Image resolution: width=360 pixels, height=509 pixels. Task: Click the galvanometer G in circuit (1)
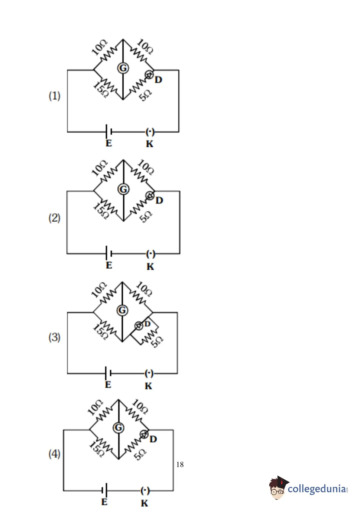123,68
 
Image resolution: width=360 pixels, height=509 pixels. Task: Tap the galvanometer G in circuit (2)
123,189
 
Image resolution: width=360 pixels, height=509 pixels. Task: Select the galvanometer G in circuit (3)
122,310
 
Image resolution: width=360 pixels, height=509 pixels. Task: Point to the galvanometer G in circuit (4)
118,428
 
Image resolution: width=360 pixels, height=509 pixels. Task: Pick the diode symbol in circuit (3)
139,326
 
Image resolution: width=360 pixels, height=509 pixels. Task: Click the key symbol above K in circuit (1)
150,131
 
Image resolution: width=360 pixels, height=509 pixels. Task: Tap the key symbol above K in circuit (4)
145,491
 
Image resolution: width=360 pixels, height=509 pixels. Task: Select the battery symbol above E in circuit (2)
109,253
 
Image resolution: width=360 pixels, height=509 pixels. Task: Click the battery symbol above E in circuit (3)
108,373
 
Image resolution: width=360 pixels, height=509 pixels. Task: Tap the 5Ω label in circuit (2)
146,217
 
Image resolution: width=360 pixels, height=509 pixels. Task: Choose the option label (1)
54,96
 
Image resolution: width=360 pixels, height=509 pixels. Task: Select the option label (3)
54,337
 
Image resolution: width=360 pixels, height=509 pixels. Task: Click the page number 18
180,465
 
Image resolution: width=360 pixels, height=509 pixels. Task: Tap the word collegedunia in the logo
317,488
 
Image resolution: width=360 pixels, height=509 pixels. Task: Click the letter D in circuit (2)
159,200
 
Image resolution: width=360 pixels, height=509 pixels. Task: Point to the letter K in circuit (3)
148,386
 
